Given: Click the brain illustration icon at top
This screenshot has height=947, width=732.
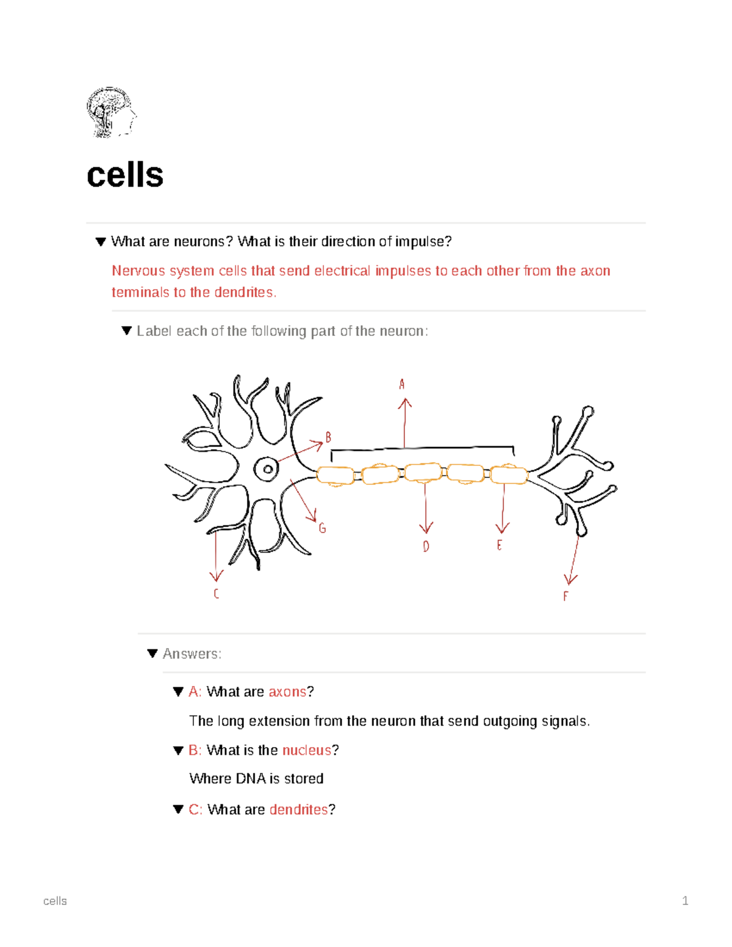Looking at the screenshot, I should click(111, 112).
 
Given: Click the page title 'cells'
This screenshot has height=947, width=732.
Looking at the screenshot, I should click(125, 175).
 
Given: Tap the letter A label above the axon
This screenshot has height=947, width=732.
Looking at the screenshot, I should click(402, 384).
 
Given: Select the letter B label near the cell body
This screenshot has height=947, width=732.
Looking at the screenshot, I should click(328, 437).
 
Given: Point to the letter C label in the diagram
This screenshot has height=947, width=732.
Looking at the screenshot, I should click(216, 593).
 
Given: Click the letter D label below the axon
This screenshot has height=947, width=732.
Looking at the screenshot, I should click(426, 546).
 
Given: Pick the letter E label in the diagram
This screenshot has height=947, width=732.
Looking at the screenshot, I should click(500, 545).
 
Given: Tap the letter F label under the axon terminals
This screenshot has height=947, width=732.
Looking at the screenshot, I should click(565, 596).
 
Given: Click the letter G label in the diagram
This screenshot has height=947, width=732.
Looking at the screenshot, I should click(322, 529).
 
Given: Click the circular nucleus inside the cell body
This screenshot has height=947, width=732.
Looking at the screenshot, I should click(267, 470).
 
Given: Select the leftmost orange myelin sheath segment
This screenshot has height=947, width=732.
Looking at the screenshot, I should click(335, 476).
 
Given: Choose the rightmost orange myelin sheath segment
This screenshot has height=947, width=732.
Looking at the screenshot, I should click(509, 474).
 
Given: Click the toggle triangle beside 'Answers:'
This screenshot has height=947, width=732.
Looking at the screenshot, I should click(152, 654).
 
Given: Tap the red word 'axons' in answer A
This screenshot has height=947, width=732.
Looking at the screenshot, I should click(287, 691).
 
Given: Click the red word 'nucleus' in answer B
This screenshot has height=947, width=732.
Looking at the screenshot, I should click(306, 750).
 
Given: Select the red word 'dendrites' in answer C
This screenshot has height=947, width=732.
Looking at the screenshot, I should click(298, 809).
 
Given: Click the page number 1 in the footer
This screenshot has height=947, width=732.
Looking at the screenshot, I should click(685, 901).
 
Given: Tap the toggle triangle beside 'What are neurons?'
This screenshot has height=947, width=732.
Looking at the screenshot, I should click(101, 242).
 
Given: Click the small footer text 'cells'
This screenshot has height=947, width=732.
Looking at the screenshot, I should click(55, 901).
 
